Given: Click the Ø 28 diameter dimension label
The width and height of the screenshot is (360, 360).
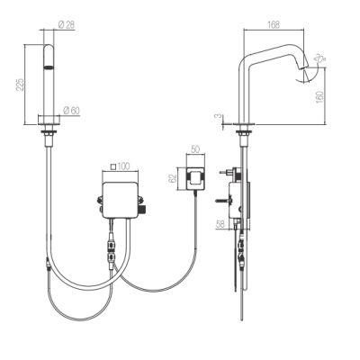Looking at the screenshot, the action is [x=67, y=24].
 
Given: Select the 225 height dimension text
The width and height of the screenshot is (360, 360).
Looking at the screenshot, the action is [x=20, y=85].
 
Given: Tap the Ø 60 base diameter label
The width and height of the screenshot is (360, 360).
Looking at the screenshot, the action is [x=71, y=111].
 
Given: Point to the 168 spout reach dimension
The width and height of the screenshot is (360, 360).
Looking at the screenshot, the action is [x=274, y=24].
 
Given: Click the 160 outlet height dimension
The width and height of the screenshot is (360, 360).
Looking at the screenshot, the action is [x=319, y=97].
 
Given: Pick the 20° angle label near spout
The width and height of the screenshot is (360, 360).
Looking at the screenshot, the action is [x=320, y=58].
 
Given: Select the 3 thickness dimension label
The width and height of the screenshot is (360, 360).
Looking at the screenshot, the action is [x=220, y=115].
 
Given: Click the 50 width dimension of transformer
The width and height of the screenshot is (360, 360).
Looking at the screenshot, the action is [x=195, y=149].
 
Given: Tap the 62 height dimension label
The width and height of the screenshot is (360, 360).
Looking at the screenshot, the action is [x=172, y=179].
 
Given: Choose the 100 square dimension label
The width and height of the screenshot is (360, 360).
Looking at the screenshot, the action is [x=123, y=166].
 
